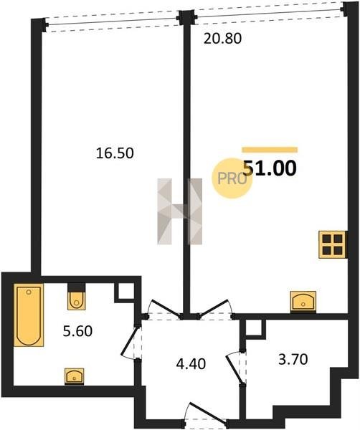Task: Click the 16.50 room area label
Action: (115, 153)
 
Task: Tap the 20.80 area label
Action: (222, 39)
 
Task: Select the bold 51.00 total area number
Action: (270, 168)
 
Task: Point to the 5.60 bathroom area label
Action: (77, 331)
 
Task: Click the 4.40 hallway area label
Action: (191, 364)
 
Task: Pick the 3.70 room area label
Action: (293, 359)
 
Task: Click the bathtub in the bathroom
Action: (29, 315)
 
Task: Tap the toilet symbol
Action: (77, 297)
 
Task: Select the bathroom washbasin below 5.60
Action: (75, 376)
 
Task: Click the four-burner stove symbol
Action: (333, 244)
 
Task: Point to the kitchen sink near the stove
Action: (303, 302)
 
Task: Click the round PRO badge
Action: (232, 178)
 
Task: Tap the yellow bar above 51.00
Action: (270, 150)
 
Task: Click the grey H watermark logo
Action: (180, 211)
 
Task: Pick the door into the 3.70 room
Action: (235, 368)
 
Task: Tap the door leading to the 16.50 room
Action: (164, 310)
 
